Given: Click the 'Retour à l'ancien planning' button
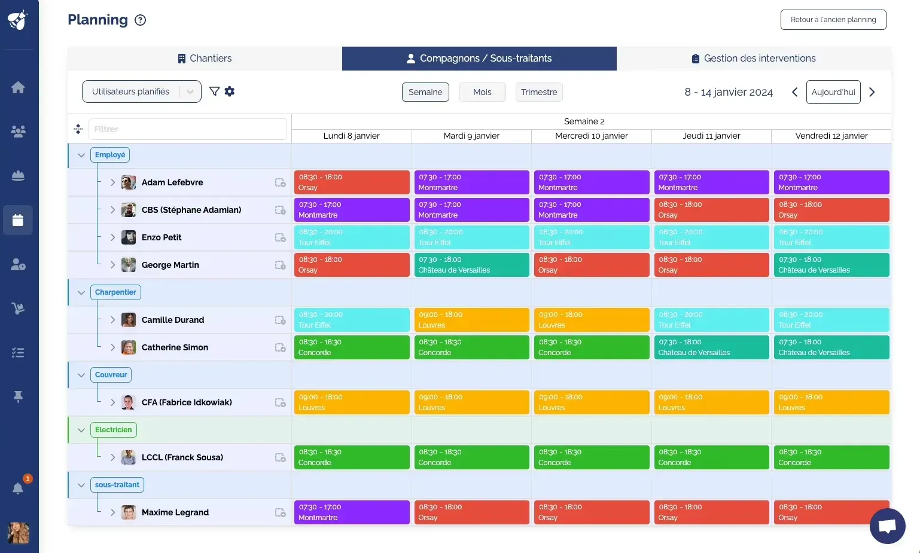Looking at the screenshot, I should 833,20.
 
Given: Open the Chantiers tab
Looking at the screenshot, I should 205,59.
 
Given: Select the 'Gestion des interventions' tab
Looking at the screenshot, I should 754,59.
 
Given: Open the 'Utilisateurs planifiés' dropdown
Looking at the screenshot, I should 141,91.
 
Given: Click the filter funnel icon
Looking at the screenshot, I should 214,91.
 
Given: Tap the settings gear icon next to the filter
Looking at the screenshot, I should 230,91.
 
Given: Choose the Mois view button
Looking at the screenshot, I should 482,92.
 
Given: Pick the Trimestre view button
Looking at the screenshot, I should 538,92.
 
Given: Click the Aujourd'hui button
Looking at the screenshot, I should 833,92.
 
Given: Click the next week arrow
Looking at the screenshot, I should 872,92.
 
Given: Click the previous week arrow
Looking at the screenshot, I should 794,92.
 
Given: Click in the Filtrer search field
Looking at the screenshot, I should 187,129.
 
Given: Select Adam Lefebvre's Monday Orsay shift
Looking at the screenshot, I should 352,182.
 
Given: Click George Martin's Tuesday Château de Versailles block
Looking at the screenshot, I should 471,265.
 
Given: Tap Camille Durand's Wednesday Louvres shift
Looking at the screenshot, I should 591,320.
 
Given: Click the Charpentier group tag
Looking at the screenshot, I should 115,292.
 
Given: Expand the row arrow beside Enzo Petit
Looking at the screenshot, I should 112,237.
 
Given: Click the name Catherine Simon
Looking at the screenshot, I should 175,347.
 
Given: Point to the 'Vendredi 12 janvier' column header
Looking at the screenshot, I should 831,136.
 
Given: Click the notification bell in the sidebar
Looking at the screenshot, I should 18,488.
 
